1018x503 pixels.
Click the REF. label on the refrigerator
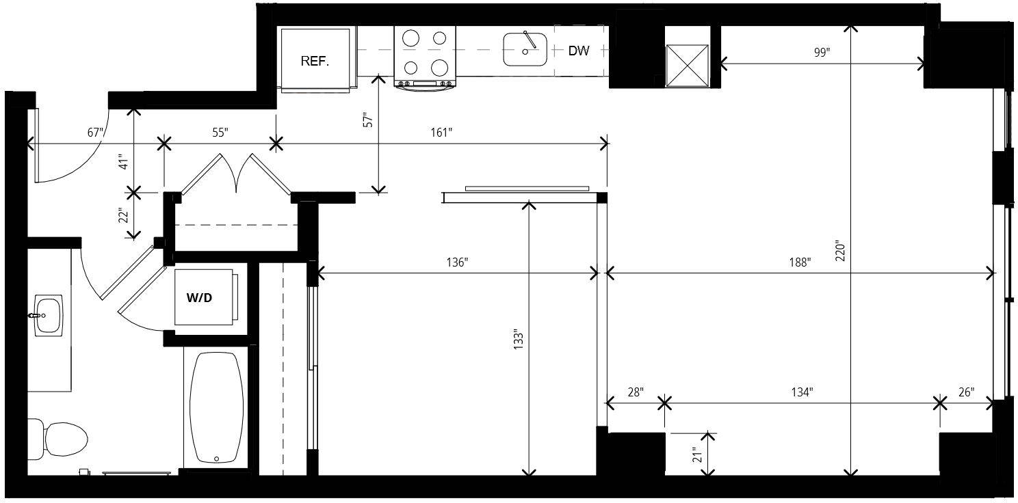(x=315, y=62)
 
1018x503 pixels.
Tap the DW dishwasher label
(x=579, y=51)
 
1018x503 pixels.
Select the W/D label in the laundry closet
(x=199, y=298)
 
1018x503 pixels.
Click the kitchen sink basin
(x=525, y=49)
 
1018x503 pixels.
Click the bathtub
(x=216, y=408)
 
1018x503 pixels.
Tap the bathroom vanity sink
(x=49, y=315)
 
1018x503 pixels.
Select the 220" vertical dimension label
(x=840, y=251)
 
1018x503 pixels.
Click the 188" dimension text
(x=800, y=262)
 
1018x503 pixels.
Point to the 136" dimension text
(x=457, y=262)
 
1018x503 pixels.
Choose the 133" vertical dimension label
(x=519, y=339)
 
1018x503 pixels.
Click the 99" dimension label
(x=822, y=53)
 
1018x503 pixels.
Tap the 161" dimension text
(x=441, y=133)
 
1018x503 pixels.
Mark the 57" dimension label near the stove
(x=368, y=120)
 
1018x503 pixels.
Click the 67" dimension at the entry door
(x=96, y=133)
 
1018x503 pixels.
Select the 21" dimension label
(x=697, y=455)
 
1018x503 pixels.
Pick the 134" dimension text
(x=802, y=392)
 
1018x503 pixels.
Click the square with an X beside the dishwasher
(x=687, y=66)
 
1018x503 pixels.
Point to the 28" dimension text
(x=636, y=392)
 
